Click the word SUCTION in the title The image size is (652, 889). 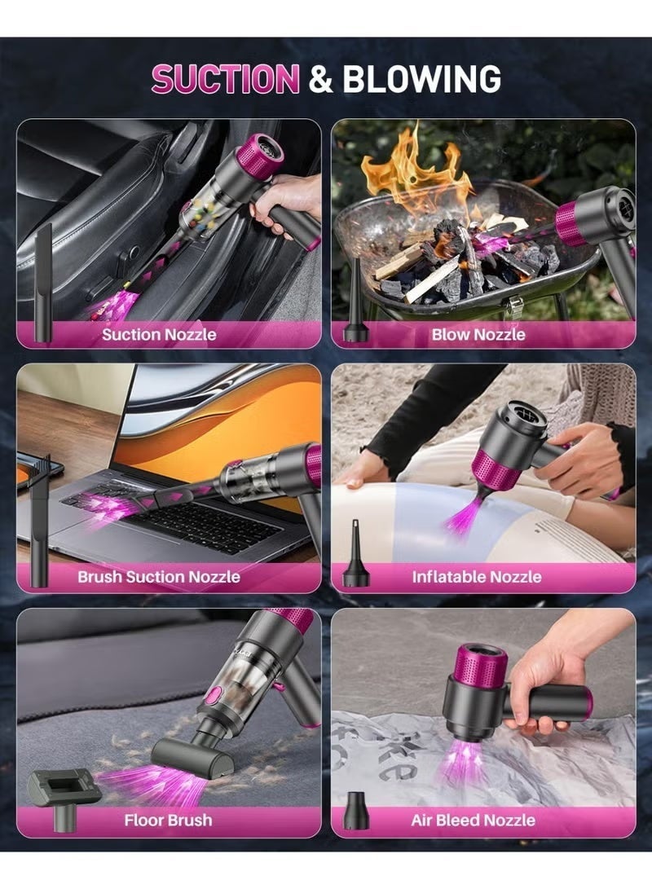coord(225,78)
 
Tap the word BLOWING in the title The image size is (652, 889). coord(422,78)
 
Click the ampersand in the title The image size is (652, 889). coord(321,79)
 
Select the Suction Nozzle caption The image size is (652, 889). coord(159,335)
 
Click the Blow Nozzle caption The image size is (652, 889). coord(478,335)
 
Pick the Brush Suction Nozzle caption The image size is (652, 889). coord(159,577)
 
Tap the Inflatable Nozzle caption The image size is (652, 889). coord(477,577)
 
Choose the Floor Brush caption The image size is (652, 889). coord(169,821)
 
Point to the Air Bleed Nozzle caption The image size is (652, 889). coord(474,821)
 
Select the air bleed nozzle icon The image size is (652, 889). coord(357,812)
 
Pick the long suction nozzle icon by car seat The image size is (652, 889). coord(43,283)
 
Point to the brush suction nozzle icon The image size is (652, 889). coord(41,521)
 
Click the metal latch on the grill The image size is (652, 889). coord(515,306)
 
